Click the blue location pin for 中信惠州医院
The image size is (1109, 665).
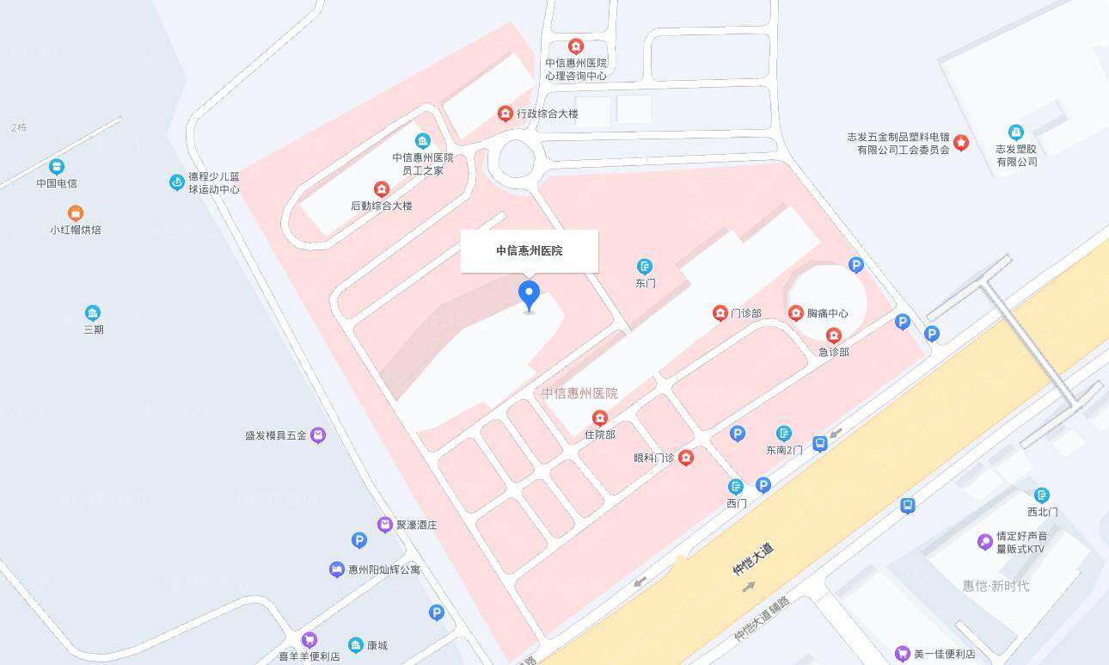point(529,294)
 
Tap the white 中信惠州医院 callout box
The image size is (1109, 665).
point(529,251)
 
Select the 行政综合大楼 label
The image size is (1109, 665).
point(548,114)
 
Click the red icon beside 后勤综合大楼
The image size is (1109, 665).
point(382,189)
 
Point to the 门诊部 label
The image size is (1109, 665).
point(745,313)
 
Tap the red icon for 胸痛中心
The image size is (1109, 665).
point(796,313)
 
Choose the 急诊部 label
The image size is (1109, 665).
point(833,352)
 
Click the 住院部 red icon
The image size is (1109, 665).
point(600,419)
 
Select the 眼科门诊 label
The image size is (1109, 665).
point(653,458)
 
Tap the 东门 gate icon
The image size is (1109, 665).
point(645,267)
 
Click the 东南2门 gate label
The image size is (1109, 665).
point(784,450)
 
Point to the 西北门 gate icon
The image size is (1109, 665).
point(1042,496)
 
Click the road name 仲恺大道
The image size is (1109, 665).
point(752,558)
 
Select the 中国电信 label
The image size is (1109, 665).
point(57,183)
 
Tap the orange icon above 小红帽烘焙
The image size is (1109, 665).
point(76,212)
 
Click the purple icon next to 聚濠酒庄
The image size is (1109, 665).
point(385,524)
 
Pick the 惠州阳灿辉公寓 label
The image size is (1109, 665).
point(384,570)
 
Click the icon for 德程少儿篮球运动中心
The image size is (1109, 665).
point(177,182)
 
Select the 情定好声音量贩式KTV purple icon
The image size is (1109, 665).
point(985,542)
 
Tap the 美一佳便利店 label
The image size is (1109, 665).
point(944,655)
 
